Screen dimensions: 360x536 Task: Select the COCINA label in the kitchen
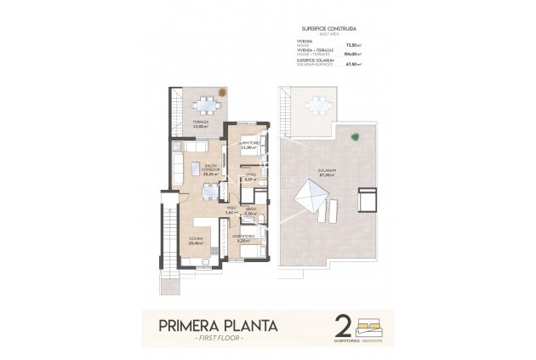tap(195, 241)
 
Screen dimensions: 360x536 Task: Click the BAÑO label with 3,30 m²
tap(250, 211)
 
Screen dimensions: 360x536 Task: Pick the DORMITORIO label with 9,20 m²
tap(244, 238)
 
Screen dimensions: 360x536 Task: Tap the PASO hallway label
tap(231, 209)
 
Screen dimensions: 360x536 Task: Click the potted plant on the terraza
tap(223, 91)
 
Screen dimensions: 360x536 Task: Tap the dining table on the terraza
tap(204, 106)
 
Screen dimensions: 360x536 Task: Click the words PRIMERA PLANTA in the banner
tap(217, 324)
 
